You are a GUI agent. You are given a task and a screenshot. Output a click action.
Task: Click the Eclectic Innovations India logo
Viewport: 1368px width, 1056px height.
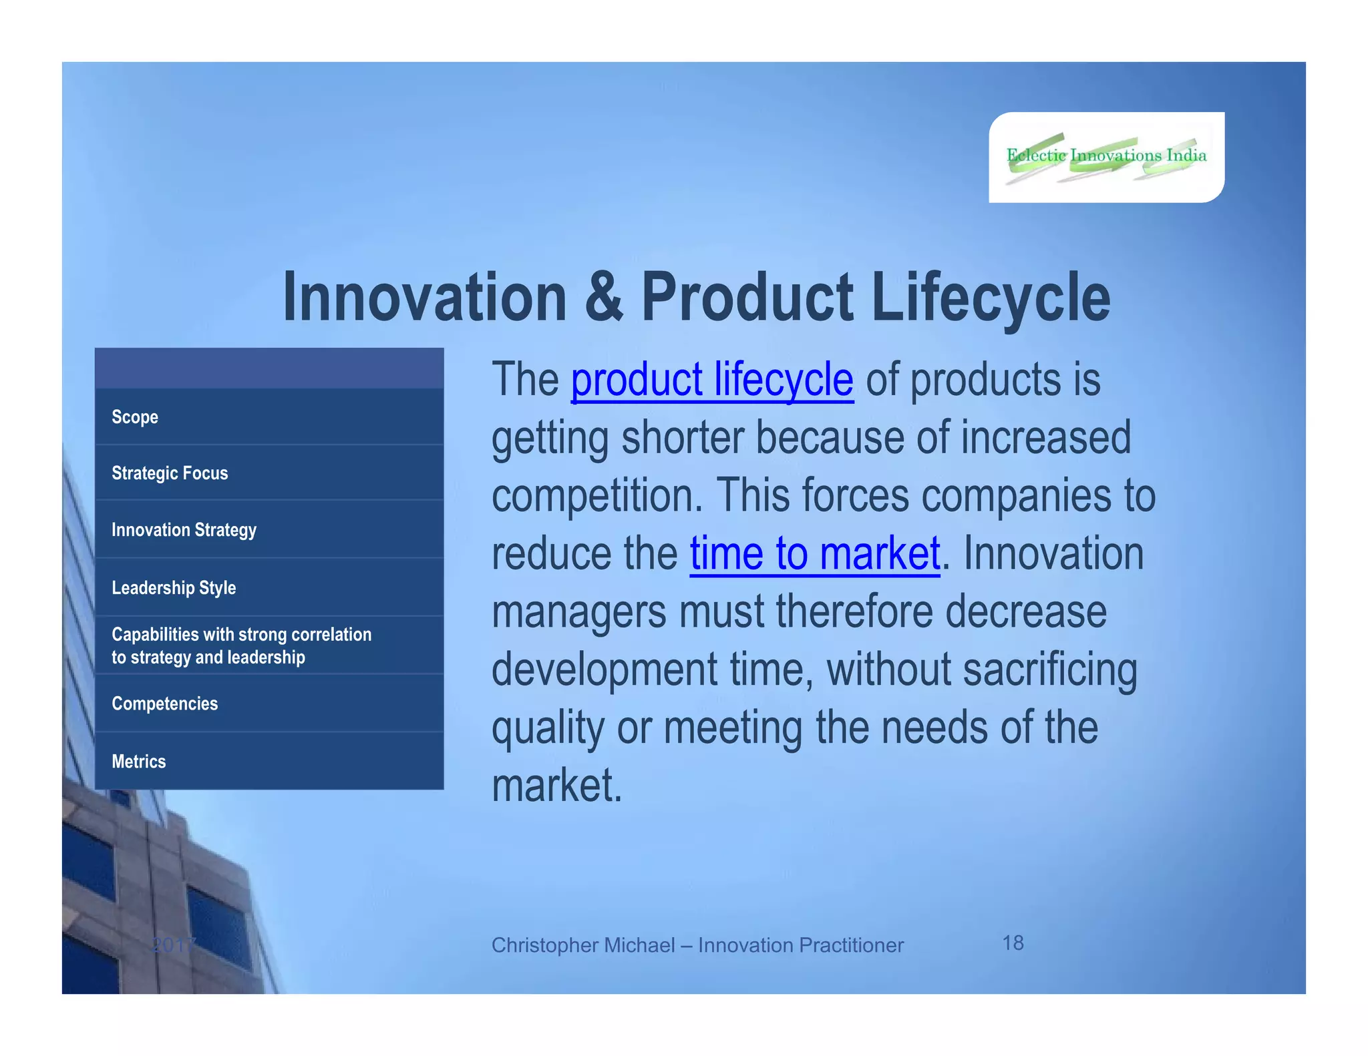(x=1106, y=157)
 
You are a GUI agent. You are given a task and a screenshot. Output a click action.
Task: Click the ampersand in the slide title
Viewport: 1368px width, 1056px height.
(x=604, y=298)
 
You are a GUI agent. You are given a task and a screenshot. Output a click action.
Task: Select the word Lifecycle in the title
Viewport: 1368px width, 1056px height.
(x=991, y=298)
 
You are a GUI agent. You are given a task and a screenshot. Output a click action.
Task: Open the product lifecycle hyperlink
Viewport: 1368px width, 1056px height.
(x=712, y=380)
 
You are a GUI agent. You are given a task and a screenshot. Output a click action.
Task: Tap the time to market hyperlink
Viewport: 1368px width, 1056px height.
(x=815, y=554)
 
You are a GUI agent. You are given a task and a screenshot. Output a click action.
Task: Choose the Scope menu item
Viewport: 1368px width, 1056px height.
(x=135, y=417)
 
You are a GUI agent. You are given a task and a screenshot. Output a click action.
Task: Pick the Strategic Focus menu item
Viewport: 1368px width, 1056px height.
(x=170, y=473)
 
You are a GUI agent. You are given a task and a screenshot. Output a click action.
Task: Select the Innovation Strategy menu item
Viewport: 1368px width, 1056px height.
(x=184, y=530)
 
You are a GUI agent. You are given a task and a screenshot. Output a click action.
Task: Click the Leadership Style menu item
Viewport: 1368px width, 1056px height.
(x=174, y=588)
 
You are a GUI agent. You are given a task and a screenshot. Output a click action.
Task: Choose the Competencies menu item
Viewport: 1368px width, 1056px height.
(x=164, y=704)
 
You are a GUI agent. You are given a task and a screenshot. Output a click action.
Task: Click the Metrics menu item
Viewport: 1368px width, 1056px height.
(x=138, y=762)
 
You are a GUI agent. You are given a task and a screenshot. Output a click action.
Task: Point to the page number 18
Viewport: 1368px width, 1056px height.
(x=1013, y=943)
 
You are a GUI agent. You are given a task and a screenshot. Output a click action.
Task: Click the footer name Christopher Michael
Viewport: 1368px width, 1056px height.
(x=582, y=945)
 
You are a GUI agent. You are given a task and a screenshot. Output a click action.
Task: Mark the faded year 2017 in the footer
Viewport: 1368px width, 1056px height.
(x=173, y=945)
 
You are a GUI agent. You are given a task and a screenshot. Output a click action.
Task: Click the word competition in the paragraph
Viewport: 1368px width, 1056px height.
(x=596, y=496)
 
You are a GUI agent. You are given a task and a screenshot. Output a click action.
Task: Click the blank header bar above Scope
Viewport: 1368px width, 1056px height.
(x=269, y=368)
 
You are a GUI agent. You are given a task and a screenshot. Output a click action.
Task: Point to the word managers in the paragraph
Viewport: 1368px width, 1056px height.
(x=578, y=612)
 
